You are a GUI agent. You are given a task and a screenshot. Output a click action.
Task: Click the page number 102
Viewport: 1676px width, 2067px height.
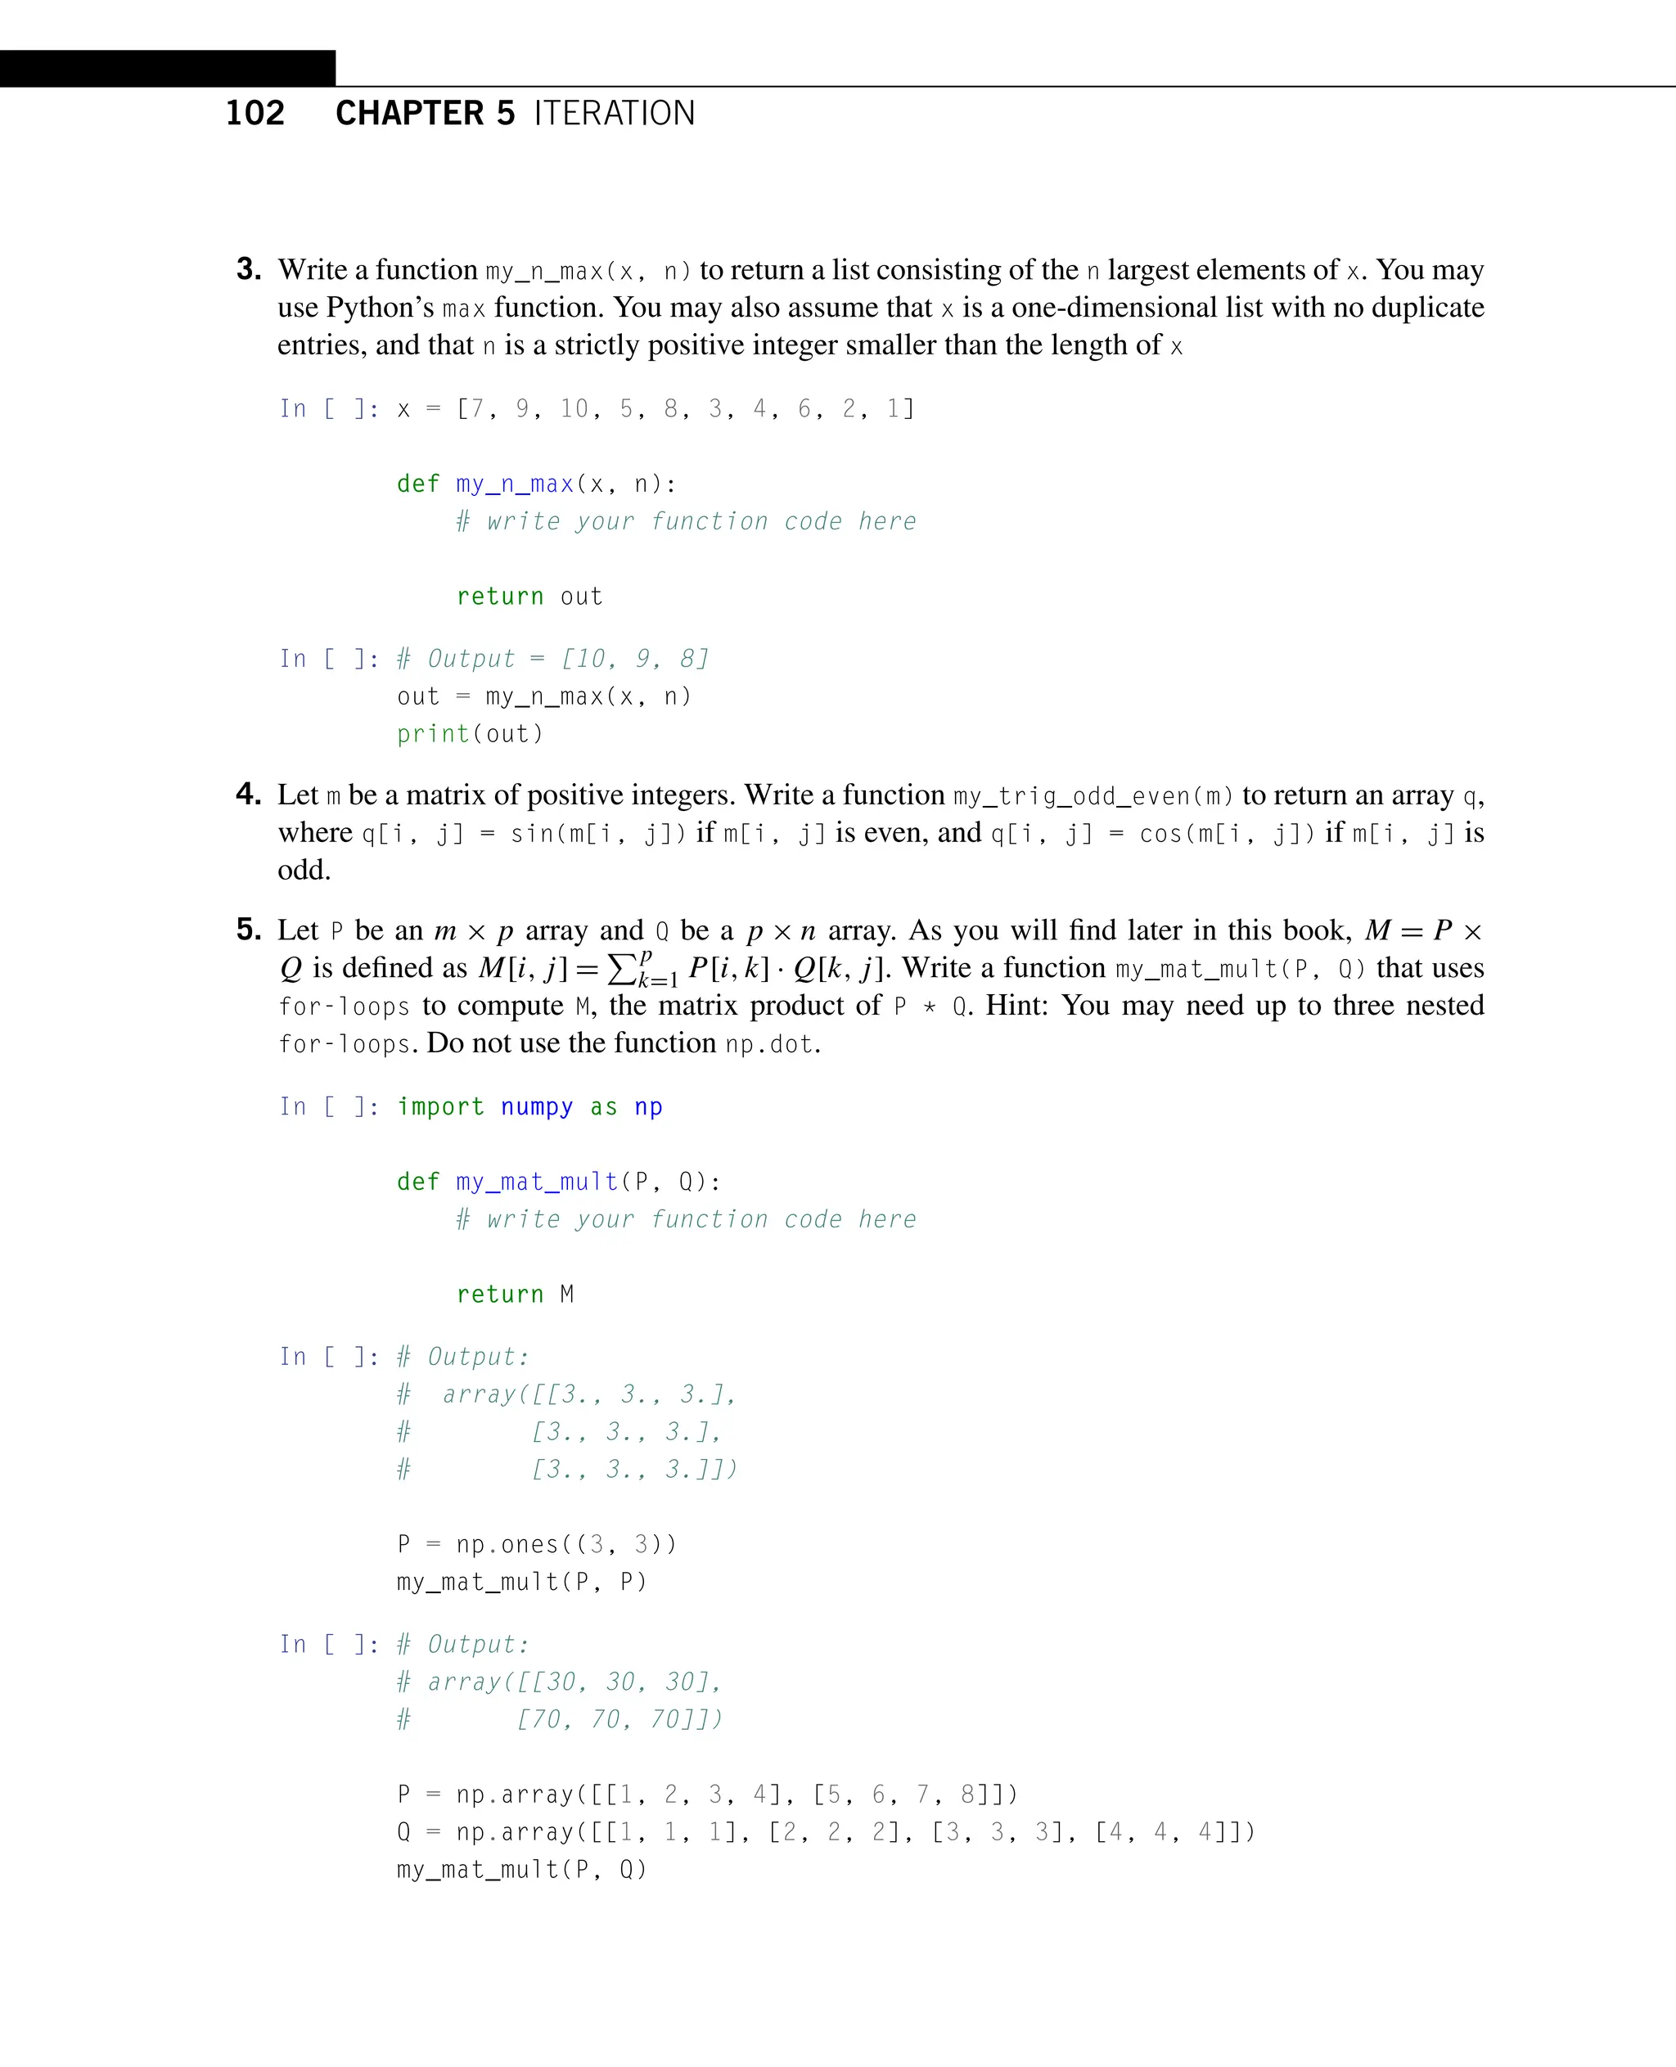[x=255, y=113]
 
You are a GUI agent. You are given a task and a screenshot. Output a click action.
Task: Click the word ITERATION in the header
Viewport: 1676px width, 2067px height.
[x=614, y=113]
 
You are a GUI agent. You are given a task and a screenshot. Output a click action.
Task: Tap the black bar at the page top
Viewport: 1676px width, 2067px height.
[x=167, y=69]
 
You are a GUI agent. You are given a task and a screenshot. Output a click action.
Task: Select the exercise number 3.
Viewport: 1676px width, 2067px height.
[x=249, y=268]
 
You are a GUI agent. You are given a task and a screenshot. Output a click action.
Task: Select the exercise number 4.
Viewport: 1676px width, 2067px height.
[x=249, y=794]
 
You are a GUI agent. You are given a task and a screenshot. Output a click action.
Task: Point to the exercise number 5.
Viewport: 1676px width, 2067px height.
[x=249, y=929]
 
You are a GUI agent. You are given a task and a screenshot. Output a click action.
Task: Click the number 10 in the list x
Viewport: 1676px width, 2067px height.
[x=574, y=408]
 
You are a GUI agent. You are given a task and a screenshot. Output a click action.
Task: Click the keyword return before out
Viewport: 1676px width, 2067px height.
[x=500, y=597]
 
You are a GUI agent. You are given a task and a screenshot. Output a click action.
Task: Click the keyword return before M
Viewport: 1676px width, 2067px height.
[x=500, y=1294]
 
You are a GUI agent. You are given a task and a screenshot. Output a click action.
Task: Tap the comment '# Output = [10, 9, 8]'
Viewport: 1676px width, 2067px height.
[x=553, y=659]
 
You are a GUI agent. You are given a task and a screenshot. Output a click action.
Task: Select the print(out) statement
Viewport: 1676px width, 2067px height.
[x=471, y=734]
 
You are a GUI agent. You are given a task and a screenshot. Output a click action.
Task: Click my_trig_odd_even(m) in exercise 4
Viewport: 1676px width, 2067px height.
[x=1093, y=795]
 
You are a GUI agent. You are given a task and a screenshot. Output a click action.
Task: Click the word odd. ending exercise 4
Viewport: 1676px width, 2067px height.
[x=304, y=870]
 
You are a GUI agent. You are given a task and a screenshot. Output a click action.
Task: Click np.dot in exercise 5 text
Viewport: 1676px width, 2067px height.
[x=769, y=1043]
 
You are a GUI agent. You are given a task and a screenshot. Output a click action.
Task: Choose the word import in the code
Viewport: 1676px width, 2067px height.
[x=440, y=1106]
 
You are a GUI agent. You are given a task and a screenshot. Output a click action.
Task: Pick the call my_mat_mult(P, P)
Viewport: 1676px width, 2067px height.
[x=521, y=1582]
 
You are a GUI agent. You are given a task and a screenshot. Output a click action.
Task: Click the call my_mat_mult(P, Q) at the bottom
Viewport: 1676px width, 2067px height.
[x=521, y=1869]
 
